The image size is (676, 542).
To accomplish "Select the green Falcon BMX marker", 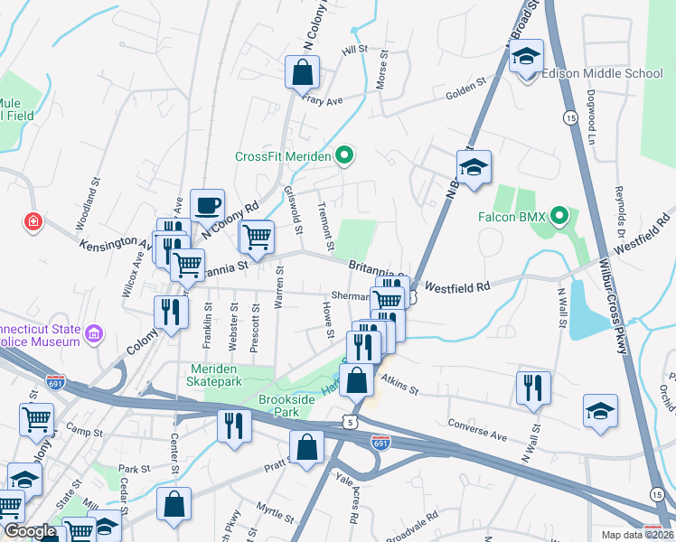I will point(559,218).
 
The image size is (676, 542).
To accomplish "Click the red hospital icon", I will point(33,221).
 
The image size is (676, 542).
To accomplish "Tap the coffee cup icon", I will point(207,205).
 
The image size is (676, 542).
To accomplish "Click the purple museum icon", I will point(92,337).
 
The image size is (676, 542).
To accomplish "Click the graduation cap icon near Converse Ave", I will point(600,410).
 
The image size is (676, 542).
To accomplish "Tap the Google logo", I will point(30,531).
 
